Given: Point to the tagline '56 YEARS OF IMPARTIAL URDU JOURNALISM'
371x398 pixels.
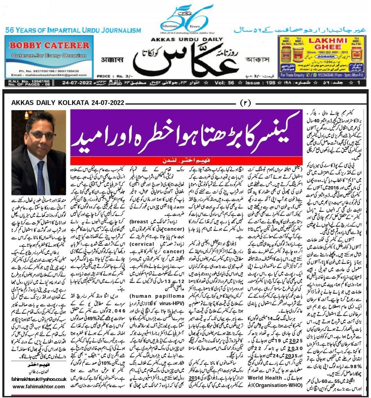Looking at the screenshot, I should pyautogui.click(x=73, y=31).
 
